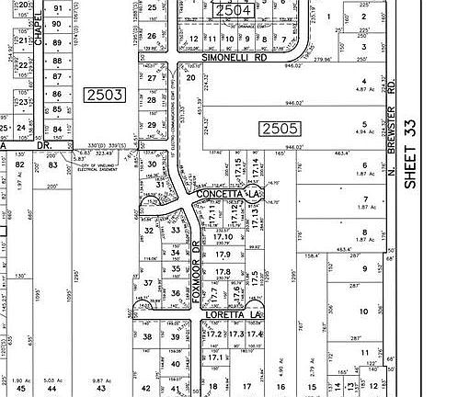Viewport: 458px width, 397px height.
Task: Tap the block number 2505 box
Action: click(x=279, y=128)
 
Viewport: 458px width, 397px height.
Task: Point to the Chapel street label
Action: click(x=38, y=32)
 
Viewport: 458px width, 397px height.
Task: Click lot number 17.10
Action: click(x=223, y=236)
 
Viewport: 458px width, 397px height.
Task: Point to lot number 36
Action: click(x=177, y=293)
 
